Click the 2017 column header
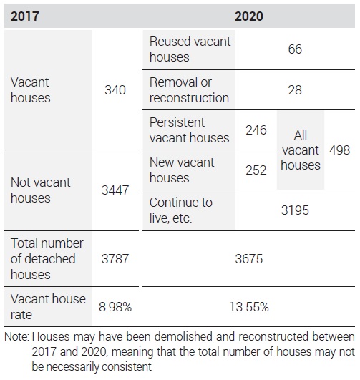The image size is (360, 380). point(25,16)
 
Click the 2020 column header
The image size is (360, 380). point(249,16)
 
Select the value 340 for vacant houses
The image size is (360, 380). point(115,90)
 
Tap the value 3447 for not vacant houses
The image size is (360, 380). point(115,190)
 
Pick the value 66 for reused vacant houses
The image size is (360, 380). point(295,49)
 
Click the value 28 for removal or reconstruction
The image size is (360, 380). point(295,90)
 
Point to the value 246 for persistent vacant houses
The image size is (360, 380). point(256,130)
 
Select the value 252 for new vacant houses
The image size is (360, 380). point(256,170)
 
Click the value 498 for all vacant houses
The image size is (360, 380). point(339,150)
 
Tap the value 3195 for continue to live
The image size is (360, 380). point(295,210)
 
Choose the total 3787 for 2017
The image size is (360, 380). point(115,259)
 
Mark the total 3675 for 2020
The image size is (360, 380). point(249,259)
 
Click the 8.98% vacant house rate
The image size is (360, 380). point(115,307)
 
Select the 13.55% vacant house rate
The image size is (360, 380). point(249,307)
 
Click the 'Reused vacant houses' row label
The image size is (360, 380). point(190,49)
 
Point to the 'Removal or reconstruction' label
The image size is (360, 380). point(189,90)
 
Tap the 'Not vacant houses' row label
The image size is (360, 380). point(41,190)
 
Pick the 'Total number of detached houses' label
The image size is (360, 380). point(47,259)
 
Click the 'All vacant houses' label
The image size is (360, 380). point(301,150)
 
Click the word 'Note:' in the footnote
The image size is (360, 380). point(16,337)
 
